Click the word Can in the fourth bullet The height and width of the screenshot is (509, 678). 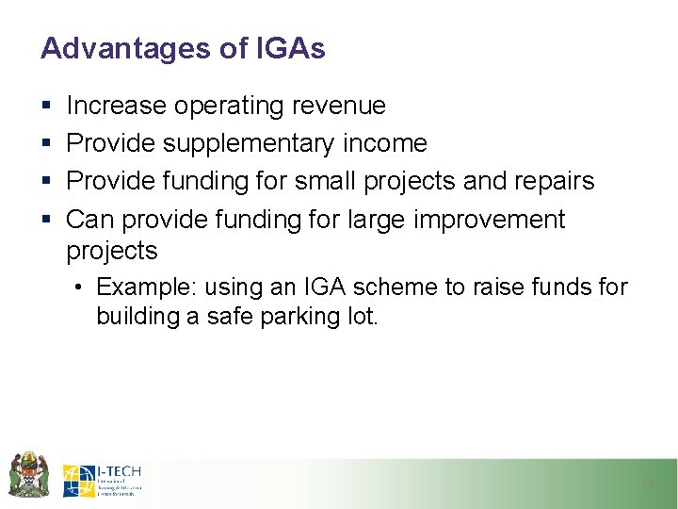[x=89, y=220]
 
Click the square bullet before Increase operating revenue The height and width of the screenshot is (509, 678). [x=45, y=107]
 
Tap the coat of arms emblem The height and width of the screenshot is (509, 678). [x=29, y=474]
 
